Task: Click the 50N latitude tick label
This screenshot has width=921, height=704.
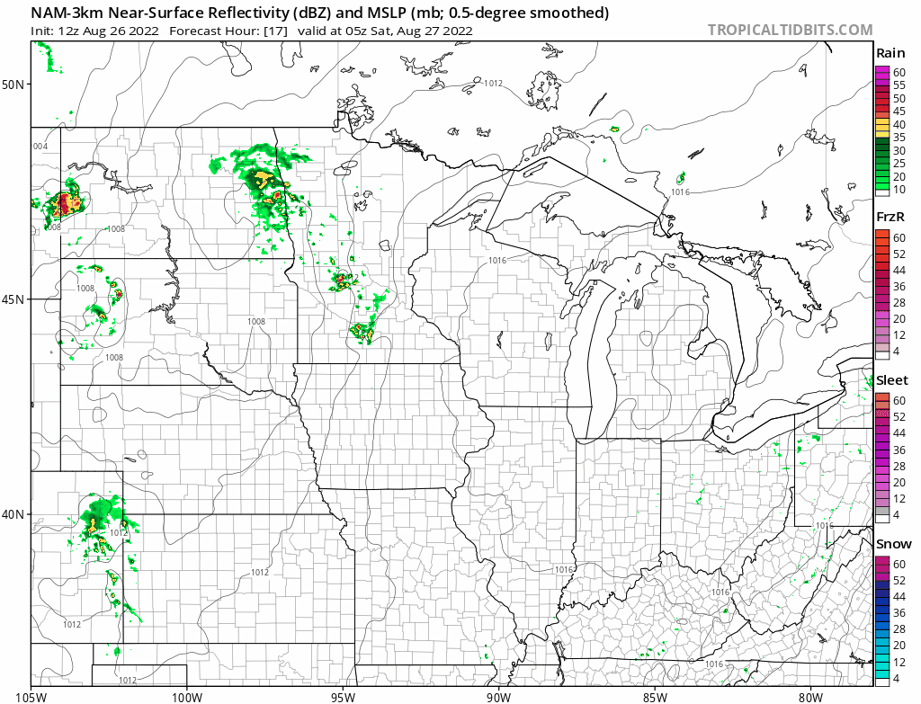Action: (x=15, y=85)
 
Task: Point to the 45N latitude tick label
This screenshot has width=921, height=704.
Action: (x=15, y=299)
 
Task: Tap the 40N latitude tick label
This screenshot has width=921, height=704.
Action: (x=15, y=514)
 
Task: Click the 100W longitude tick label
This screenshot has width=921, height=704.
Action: (x=187, y=695)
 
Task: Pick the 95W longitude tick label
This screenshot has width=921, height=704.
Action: (x=343, y=695)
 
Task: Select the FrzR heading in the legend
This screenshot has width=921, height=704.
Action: (x=890, y=218)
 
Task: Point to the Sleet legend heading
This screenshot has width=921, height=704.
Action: (x=892, y=380)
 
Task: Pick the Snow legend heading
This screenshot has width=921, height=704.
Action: (x=893, y=544)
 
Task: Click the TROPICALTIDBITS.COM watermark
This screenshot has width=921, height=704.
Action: (x=790, y=31)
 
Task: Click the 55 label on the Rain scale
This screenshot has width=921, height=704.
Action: (x=899, y=85)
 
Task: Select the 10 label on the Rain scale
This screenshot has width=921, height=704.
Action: (x=899, y=190)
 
